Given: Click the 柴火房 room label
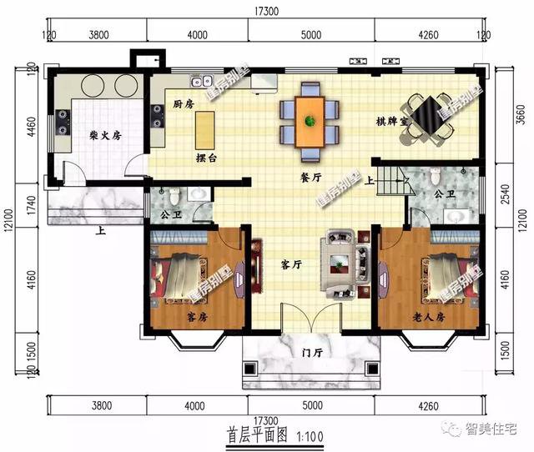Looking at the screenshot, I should [x=104, y=136].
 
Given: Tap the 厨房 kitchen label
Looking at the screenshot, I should [x=184, y=104].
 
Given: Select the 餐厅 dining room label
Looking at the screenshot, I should [x=311, y=177].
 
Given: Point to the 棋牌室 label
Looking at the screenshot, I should [x=391, y=122].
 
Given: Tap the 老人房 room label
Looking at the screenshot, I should [x=428, y=318].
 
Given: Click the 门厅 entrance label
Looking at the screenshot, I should [x=312, y=353].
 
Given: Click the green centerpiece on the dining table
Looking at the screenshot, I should [x=310, y=122].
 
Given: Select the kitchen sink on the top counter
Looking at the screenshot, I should [x=201, y=83].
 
